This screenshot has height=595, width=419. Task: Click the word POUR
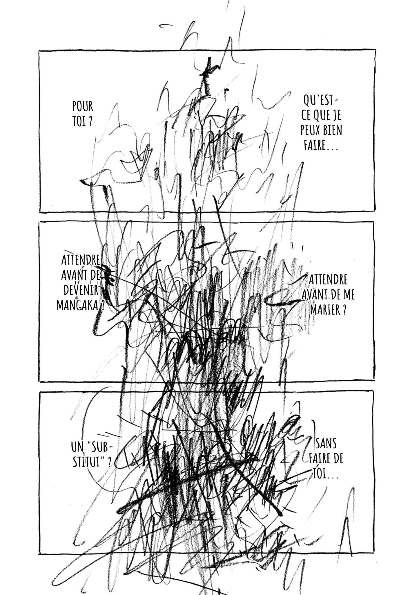83,107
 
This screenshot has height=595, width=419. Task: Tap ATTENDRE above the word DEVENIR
81,260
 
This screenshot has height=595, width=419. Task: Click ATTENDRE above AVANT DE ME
328,280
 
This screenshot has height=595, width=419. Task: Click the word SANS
326,452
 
